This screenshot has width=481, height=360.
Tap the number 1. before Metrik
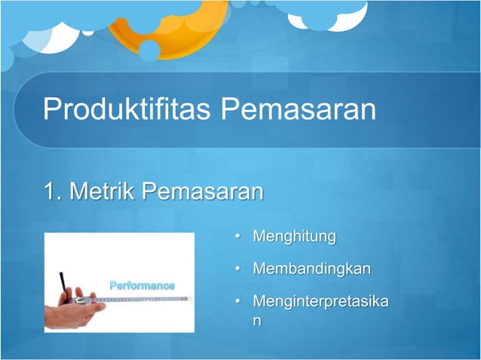(52, 192)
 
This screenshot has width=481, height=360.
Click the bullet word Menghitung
(294, 237)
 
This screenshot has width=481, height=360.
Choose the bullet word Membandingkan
(311, 269)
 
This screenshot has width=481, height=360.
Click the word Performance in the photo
(142, 285)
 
